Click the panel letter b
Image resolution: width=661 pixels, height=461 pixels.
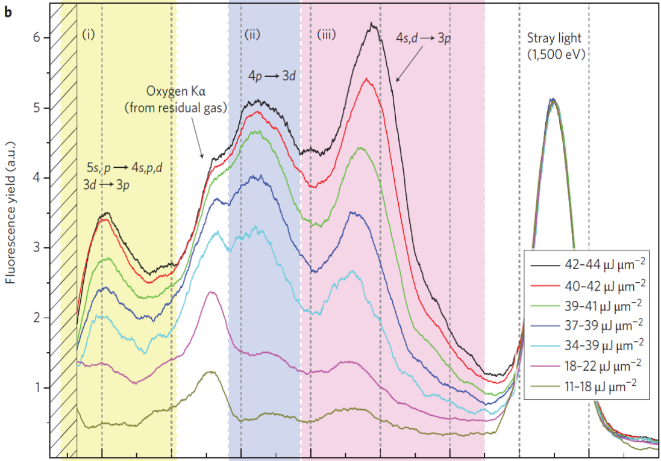tap(8, 12)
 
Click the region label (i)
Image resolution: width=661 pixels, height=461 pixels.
tap(88, 34)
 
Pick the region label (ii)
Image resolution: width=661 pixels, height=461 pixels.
tap(252, 34)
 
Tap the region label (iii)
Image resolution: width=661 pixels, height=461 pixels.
tap(327, 34)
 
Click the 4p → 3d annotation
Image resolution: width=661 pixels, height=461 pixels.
tap(272, 76)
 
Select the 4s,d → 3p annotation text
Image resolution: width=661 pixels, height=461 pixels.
tap(423, 38)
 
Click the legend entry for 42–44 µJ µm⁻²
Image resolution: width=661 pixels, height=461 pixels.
tap(587, 264)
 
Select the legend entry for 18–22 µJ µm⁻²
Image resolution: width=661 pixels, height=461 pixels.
tap(587, 365)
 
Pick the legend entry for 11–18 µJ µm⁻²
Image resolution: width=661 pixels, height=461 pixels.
tap(587, 385)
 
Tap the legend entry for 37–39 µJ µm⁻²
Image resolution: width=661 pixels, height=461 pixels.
tap(587, 324)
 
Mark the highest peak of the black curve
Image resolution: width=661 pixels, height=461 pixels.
tap(371, 23)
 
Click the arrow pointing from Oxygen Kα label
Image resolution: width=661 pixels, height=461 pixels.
tap(197, 138)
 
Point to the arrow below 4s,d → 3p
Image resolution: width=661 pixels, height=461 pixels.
tap(409, 64)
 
